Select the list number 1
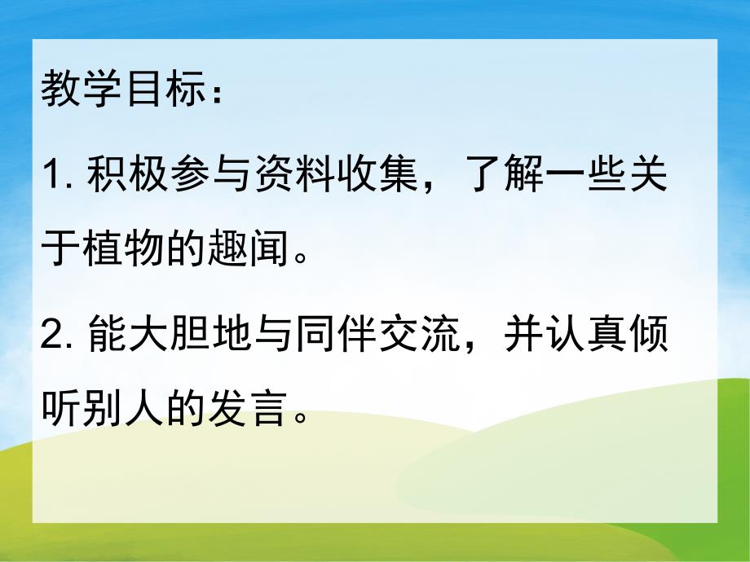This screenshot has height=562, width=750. coord(51,176)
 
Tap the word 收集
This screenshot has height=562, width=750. coord(367,175)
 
